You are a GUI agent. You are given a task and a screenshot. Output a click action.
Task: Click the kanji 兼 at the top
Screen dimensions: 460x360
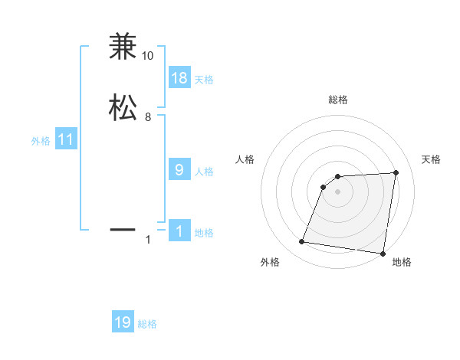(x=122, y=47)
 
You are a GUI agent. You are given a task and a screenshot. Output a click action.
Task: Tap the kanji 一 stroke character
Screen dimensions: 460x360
(x=122, y=228)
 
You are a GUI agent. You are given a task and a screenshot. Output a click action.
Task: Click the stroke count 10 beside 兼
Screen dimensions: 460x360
(x=148, y=56)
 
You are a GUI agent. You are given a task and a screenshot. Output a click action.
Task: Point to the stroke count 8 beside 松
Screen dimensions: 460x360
(x=148, y=117)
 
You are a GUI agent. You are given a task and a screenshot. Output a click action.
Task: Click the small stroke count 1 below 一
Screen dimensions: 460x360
(x=148, y=241)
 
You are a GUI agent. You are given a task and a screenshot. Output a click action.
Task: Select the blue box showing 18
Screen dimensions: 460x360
(x=179, y=78)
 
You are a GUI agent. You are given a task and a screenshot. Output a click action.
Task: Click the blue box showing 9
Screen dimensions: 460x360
(x=179, y=170)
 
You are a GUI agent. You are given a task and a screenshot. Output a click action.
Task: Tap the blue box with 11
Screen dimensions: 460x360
(x=66, y=139)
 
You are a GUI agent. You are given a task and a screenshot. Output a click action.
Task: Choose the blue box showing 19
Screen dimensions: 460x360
(x=123, y=322)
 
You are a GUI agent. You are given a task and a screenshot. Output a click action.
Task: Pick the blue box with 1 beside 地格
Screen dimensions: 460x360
(x=179, y=231)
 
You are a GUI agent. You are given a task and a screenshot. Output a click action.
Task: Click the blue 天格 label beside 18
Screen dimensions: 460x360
(x=204, y=80)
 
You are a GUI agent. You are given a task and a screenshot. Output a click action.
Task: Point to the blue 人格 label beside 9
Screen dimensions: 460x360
(x=204, y=172)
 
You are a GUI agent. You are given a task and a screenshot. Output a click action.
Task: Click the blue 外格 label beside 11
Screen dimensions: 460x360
(x=41, y=141)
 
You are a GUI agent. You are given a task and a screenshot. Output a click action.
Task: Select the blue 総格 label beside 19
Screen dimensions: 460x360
(x=147, y=324)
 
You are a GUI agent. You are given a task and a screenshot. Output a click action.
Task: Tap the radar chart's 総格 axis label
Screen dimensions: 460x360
(x=338, y=100)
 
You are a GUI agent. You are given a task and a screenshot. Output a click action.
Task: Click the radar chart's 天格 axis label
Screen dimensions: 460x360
(x=432, y=159)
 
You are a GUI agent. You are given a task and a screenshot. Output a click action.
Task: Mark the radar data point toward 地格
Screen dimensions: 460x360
(x=383, y=254)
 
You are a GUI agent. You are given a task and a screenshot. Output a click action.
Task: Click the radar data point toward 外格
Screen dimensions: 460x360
(x=302, y=242)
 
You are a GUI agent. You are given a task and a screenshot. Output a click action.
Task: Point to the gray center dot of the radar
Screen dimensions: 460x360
(x=337, y=191)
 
